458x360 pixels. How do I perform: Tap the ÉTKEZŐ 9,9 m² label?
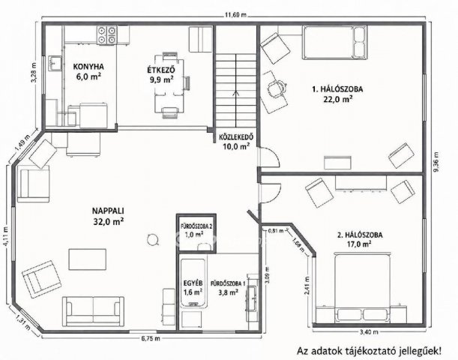pyautogui.click(x=161, y=75)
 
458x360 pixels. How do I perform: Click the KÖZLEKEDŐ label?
pyautogui.click(x=236, y=136)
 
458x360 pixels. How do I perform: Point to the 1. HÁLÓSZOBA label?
pyautogui.click(x=337, y=89)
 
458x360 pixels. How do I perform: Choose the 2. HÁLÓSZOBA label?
pyautogui.click(x=360, y=235)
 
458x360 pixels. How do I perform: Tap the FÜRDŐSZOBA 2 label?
pyautogui.click(x=196, y=226)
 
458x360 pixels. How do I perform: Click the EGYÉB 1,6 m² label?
pyautogui.click(x=193, y=287)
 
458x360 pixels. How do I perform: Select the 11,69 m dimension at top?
pyautogui.click(x=235, y=15)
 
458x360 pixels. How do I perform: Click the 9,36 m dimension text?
pyautogui.click(x=436, y=162)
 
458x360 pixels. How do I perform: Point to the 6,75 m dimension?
pyautogui.click(x=151, y=339)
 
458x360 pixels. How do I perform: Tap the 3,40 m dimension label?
pyautogui.click(x=369, y=332)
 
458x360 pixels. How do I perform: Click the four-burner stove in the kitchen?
pyautogui.click(x=107, y=35)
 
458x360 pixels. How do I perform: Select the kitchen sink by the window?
pyautogui.click(x=55, y=64)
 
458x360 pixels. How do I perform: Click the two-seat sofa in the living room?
pyautogui.click(x=93, y=311)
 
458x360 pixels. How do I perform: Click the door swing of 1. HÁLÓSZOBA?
pyautogui.click(x=270, y=157)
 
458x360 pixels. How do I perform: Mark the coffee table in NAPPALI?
pyautogui.click(x=88, y=259)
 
